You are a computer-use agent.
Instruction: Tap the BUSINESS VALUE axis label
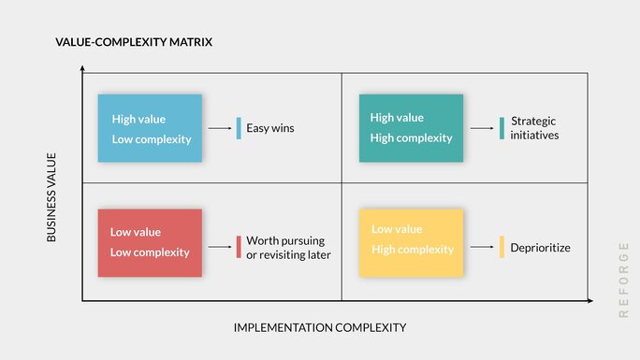point(51,197)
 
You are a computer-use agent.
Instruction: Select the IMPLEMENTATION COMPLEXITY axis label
point(320,327)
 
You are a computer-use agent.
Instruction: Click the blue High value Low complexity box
point(150,128)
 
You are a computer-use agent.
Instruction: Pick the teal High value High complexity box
point(411,128)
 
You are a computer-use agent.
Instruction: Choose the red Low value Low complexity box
point(150,242)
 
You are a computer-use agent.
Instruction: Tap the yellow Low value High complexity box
point(411,242)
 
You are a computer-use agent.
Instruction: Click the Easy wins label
point(269,128)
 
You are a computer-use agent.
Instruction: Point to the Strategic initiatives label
point(534,128)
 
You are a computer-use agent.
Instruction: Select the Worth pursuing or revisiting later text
point(288,248)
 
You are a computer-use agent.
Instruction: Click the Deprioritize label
point(540,248)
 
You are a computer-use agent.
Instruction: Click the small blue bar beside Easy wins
point(239,128)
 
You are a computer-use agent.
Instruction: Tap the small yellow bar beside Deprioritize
point(502,248)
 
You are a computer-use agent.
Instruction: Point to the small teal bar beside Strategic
point(502,128)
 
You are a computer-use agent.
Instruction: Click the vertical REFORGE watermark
point(623,279)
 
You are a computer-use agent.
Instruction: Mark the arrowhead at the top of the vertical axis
point(82,69)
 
